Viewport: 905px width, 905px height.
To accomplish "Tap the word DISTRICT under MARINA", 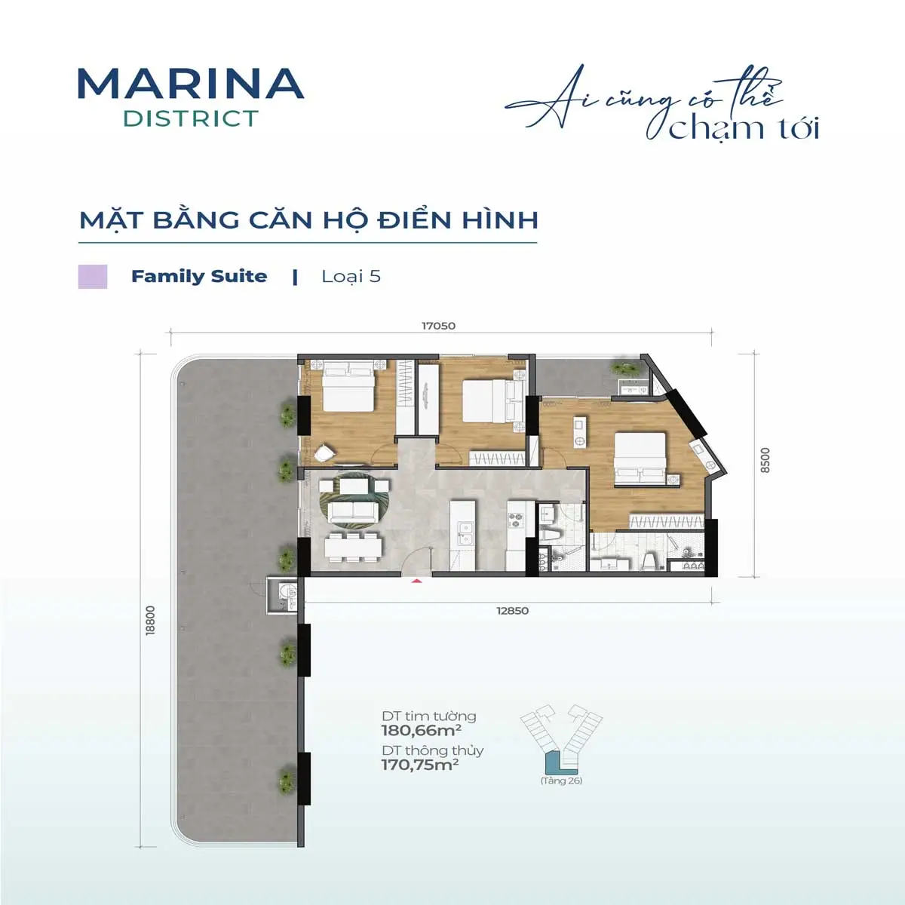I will pyautogui.click(x=190, y=118).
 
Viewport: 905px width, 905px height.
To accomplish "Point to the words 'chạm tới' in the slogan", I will pyautogui.click(x=744, y=128).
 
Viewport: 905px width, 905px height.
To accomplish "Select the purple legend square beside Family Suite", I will pyautogui.click(x=93, y=276).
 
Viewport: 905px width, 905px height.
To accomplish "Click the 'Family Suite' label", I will pyautogui.click(x=199, y=276).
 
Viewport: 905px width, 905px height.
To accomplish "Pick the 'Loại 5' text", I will pyautogui.click(x=351, y=276).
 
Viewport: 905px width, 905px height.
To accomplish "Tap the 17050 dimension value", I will pyautogui.click(x=438, y=326).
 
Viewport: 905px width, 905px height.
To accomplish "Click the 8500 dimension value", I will pyautogui.click(x=765, y=460).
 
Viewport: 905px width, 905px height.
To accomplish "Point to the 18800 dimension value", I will pyautogui.click(x=150, y=620).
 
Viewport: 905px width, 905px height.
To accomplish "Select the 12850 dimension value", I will pyautogui.click(x=512, y=611).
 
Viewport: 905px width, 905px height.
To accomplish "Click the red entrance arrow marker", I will pyautogui.click(x=415, y=580).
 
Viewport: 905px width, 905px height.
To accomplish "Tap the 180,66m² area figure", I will pyautogui.click(x=421, y=730).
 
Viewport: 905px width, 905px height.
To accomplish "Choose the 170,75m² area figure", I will pyautogui.click(x=420, y=765).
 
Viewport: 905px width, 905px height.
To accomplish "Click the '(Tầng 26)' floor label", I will pyautogui.click(x=561, y=781).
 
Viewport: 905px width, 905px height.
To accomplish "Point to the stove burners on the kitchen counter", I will pyautogui.click(x=516, y=519).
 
